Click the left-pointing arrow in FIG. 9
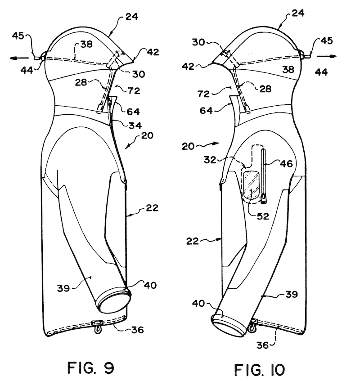tap(21, 58)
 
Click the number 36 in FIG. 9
tap(137, 330)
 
